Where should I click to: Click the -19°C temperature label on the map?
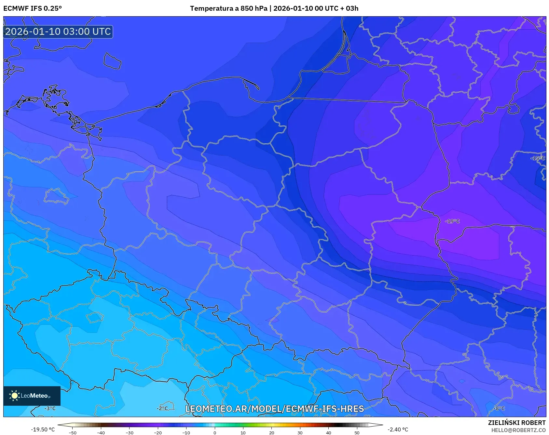click(x=452, y=221)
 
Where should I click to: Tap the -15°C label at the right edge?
click(x=538, y=158)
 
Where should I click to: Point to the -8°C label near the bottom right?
click(x=499, y=408)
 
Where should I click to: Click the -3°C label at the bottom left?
click(x=50, y=408)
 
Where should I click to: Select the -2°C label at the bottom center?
click(x=162, y=408)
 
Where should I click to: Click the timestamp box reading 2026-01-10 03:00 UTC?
click(x=58, y=32)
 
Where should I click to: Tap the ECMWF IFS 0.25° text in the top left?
click(x=33, y=8)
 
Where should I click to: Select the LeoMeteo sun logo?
click(x=15, y=396)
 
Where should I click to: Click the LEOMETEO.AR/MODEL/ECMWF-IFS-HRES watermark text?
click(x=274, y=409)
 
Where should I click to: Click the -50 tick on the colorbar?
click(x=73, y=432)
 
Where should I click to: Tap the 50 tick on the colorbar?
click(x=357, y=432)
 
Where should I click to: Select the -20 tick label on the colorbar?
click(x=158, y=432)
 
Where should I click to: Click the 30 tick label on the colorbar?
click(x=300, y=432)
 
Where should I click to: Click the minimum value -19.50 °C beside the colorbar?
click(x=43, y=429)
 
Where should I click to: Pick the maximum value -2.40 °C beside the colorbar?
click(x=398, y=429)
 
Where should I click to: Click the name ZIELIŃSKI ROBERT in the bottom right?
click(x=516, y=423)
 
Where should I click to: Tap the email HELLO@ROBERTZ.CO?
click(x=518, y=430)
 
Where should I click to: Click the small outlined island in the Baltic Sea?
click(x=112, y=61)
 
